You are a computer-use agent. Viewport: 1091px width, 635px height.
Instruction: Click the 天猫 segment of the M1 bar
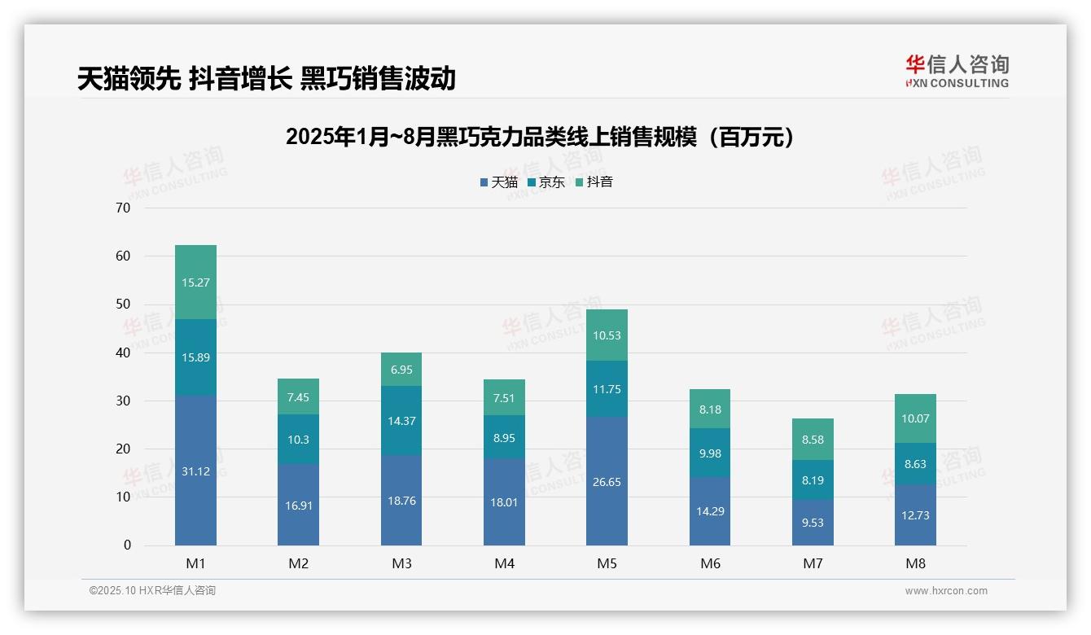[195, 470]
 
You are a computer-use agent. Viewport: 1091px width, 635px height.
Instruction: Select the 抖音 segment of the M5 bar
[607, 335]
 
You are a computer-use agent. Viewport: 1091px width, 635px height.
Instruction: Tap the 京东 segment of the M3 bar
[401, 420]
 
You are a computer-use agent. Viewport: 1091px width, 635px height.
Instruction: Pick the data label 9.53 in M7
[813, 523]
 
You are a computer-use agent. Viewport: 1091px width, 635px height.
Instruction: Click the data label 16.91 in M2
[298, 506]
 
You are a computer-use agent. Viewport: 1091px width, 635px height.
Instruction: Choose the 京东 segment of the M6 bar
[710, 453]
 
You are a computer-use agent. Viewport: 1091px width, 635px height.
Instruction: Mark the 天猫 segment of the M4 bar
[504, 501]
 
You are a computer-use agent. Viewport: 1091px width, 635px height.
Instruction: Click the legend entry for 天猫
[498, 182]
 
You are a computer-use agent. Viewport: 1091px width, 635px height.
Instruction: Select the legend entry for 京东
[545, 182]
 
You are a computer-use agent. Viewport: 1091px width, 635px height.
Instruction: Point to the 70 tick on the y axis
[123, 208]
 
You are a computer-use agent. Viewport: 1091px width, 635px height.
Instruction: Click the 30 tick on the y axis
[123, 401]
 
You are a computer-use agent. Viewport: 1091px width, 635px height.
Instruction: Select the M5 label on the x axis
[607, 563]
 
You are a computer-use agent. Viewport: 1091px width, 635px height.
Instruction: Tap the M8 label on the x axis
[915, 563]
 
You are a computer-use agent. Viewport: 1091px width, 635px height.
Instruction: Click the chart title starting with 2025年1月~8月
[539, 138]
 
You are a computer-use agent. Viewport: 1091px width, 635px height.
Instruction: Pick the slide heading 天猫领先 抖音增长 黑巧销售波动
[266, 79]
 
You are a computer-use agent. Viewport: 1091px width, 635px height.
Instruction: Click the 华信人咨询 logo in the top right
[957, 71]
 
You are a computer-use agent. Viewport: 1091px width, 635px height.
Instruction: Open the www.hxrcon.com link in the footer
[946, 591]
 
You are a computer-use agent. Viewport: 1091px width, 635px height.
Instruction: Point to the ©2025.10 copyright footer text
[152, 591]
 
